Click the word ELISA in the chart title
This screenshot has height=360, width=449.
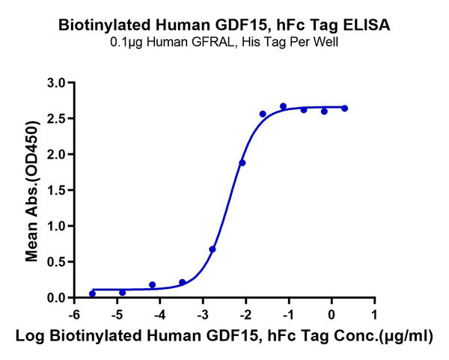(367, 25)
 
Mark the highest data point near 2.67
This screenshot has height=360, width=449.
(283, 106)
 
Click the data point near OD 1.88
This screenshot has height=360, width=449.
(242, 162)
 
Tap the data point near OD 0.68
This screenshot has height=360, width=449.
(213, 249)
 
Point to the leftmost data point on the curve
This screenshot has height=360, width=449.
(92, 293)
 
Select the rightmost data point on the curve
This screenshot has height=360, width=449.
(344, 109)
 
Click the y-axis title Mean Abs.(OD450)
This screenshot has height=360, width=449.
(32, 190)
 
